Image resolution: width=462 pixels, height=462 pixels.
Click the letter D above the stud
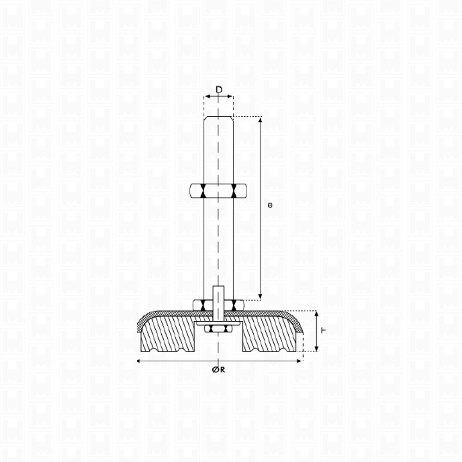[x=219, y=89]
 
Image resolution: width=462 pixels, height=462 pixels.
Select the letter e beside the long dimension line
[x=270, y=205]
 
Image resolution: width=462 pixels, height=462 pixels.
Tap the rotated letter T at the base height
[x=323, y=330]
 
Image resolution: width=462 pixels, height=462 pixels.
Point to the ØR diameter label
[x=218, y=370]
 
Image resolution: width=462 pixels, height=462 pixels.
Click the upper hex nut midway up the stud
[x=218, y=191]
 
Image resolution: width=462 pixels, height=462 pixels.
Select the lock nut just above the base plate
[x=218, y=305]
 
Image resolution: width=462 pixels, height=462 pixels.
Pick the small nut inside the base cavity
[x=218, y=329]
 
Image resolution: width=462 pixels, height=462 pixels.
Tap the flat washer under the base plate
[x=218, y=323]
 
